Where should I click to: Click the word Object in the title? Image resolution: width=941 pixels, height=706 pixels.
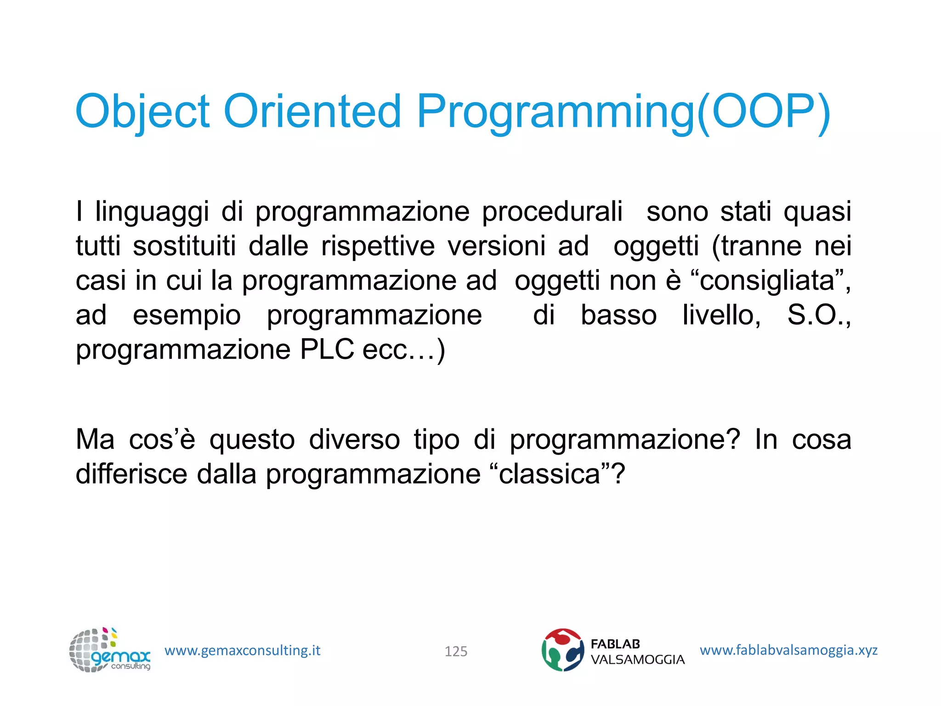click(x=142, y=112)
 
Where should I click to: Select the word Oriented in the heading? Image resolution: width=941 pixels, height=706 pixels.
click(x=312, y=112)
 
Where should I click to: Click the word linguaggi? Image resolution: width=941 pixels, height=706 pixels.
click(x=152, y=212)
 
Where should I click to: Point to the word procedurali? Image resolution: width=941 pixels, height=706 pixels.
click(x=552, y=212)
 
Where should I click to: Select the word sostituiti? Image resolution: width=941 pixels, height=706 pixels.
click(x=184, y=246)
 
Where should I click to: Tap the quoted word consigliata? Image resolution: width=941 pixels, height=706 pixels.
click(x=767, y=281)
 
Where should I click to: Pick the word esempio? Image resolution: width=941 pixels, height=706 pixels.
click(x=187, y=316)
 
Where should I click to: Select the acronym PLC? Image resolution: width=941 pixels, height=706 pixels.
click(x=327, y=350)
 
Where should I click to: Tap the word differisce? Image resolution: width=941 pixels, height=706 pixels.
click(x=131, y=474)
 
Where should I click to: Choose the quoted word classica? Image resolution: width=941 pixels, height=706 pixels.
click(x=550, y=474)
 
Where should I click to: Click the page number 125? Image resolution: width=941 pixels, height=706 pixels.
click(x=456, y=651)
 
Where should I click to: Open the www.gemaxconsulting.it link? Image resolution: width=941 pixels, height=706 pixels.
click(x=242, y=650)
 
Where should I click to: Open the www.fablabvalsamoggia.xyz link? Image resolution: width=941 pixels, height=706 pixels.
click(x=788, y=650)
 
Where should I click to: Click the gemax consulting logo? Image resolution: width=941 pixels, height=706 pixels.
click(x=109, y=650)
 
